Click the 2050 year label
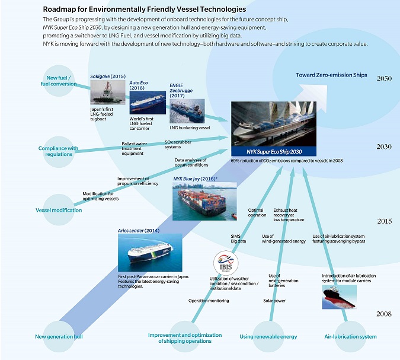click(384, 78)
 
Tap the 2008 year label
click(384, 314)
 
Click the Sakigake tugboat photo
click(107, 93)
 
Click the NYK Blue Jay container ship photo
click(199, 200)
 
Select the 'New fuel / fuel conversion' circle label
click(60, 81)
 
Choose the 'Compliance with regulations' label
click(58, 151)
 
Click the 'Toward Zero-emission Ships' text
click(331, 75)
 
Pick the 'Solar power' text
click(274, 301)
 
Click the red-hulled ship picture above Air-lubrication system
click(339, 297)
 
